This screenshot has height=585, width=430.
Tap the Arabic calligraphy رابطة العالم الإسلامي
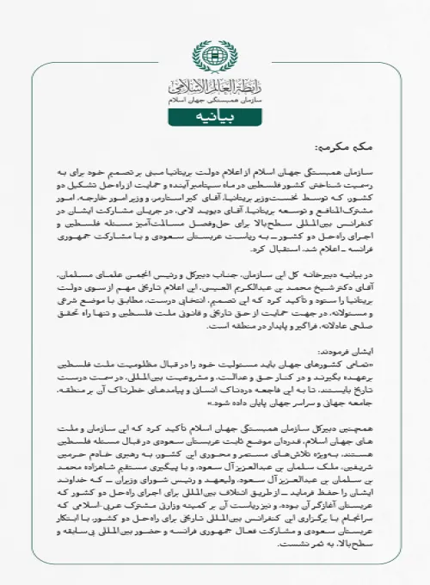[215, 86]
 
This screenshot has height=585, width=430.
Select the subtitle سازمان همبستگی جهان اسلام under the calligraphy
[215, 102]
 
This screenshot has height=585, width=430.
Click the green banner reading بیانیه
[215, 121]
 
